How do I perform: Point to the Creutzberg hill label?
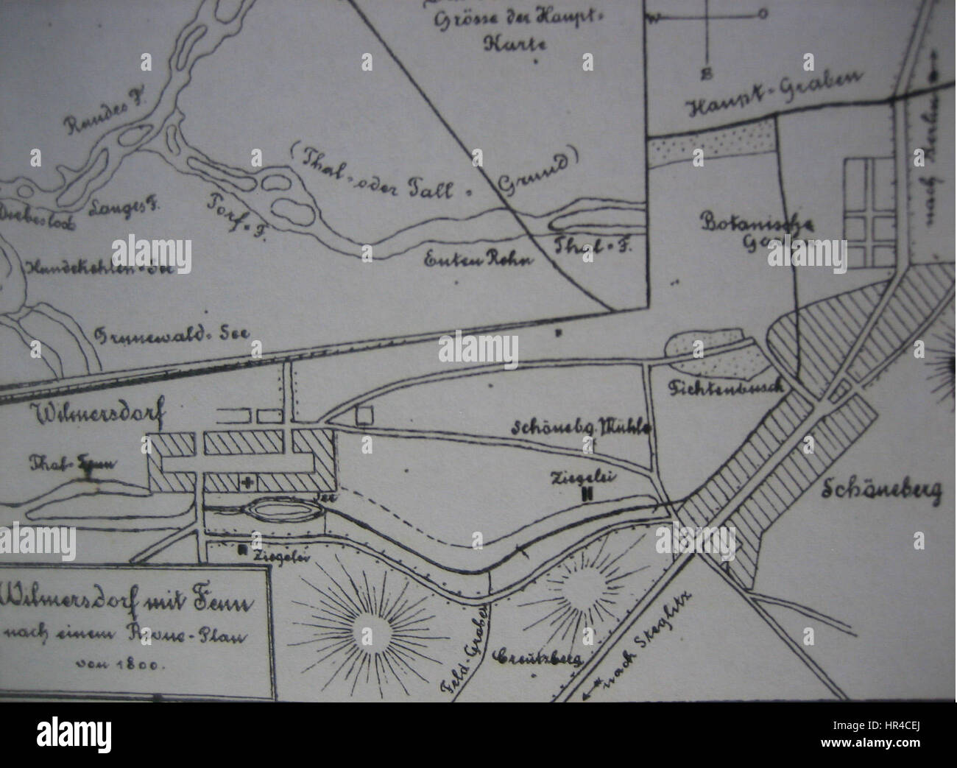pos(537,655)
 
